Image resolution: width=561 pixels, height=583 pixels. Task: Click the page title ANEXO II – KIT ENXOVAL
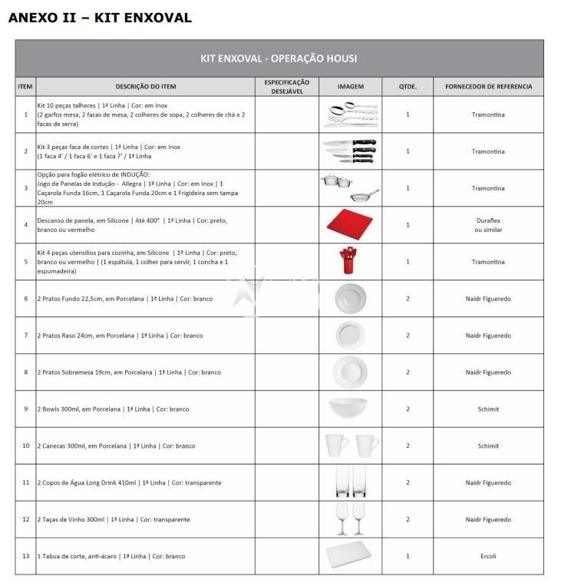point(100,18)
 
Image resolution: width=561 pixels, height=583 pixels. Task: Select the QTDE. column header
point(408,87)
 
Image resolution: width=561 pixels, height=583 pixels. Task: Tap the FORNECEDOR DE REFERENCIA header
point(488,87)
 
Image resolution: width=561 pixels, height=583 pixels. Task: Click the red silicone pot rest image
point(350,224)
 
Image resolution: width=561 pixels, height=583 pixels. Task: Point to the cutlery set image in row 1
point(350,114)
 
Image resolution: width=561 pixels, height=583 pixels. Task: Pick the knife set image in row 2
point(350,151)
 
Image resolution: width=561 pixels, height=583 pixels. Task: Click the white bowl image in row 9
point(350,408)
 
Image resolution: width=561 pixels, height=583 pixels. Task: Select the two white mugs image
point(351,445)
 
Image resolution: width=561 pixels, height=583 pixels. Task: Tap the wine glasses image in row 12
point(350,519)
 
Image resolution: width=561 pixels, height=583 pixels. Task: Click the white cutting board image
point(350,556)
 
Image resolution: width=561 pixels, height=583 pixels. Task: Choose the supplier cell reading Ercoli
point(488,556)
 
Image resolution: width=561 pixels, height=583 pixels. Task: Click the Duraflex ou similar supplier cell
point(488,224)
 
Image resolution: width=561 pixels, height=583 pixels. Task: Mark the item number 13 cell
point(25,556)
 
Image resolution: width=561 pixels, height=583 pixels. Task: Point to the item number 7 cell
point(25,335)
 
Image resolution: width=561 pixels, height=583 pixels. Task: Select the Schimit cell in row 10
point(488,446)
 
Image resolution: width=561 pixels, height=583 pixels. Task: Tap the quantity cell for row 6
point(408,298)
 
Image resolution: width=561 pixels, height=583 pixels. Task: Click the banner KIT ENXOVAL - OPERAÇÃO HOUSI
point(279,58)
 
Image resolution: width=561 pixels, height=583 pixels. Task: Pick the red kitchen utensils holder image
point(349,261)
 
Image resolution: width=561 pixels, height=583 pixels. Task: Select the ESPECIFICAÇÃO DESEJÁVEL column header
point(286,87)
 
